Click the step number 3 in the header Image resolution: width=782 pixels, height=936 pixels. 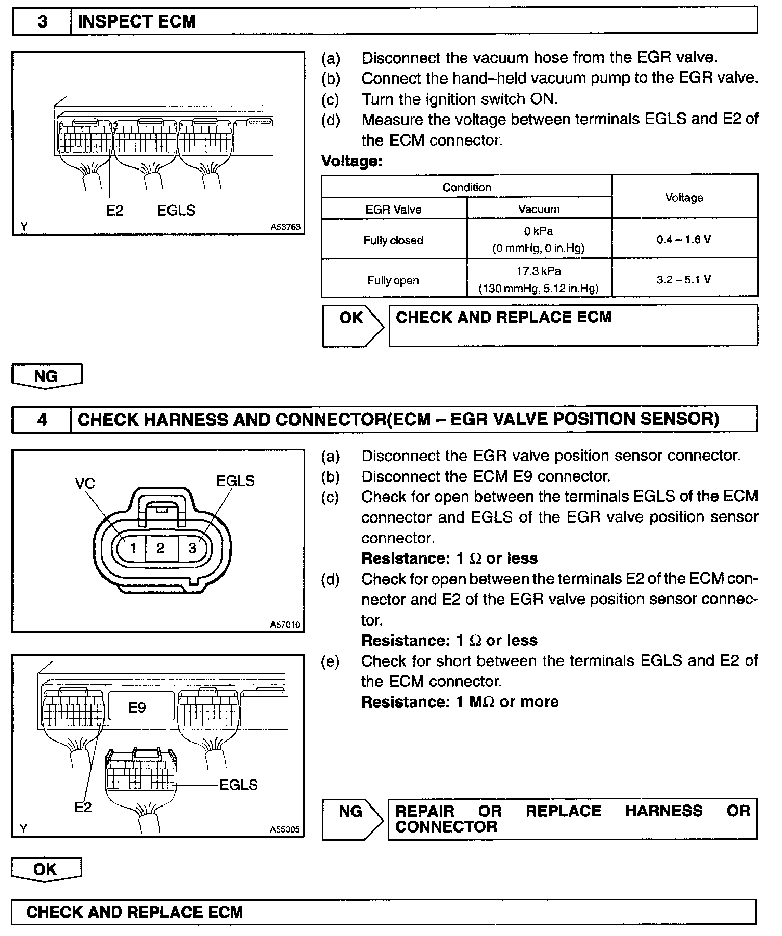(x=42, y=21)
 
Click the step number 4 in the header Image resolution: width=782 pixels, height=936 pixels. (x=42, y=420)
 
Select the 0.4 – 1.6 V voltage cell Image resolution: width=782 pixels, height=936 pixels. (x=684, y=239)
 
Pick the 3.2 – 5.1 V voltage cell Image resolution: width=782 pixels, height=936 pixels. (x=684, y=279)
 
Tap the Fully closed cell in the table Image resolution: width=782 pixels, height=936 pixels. (x=393, y=240)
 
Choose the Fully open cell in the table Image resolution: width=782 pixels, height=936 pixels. (x=393, y=280)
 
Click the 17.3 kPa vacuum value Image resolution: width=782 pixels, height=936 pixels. (x=539, y=271)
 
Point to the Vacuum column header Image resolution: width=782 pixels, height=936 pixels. (x=539, y=209)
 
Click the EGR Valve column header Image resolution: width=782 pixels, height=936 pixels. (x=393, y=209)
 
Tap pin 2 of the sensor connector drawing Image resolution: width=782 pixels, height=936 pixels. (x=160, y=548)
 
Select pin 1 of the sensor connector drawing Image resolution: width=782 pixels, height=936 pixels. (x=133, y=548)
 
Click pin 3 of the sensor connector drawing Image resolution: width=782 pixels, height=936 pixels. (x=192, y=548)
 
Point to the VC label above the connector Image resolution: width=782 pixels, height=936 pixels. (x=85, y=484)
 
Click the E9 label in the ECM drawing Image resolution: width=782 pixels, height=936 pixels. (x=137, y=707)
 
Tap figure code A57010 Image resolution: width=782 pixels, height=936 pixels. (x=285, y=625)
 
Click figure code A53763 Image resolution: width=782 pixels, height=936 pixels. (x=285, y=227)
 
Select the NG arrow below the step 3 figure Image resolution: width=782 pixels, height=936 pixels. (x=46, y=376)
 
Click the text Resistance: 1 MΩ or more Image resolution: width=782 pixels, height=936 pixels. (x=460, y=702)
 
